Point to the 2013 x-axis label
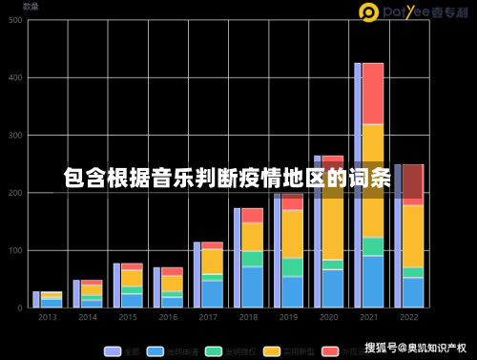[47, 316]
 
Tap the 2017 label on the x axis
[208, 316]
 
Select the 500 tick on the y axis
[16, 21]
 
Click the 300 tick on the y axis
[16, 136]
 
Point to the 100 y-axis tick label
[16, 250]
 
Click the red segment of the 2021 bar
[373, 93]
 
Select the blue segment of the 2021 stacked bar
[373, 282]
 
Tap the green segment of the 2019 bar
[292, 266]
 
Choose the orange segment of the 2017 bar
[212, 262]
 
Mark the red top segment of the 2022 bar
[413, 183]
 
